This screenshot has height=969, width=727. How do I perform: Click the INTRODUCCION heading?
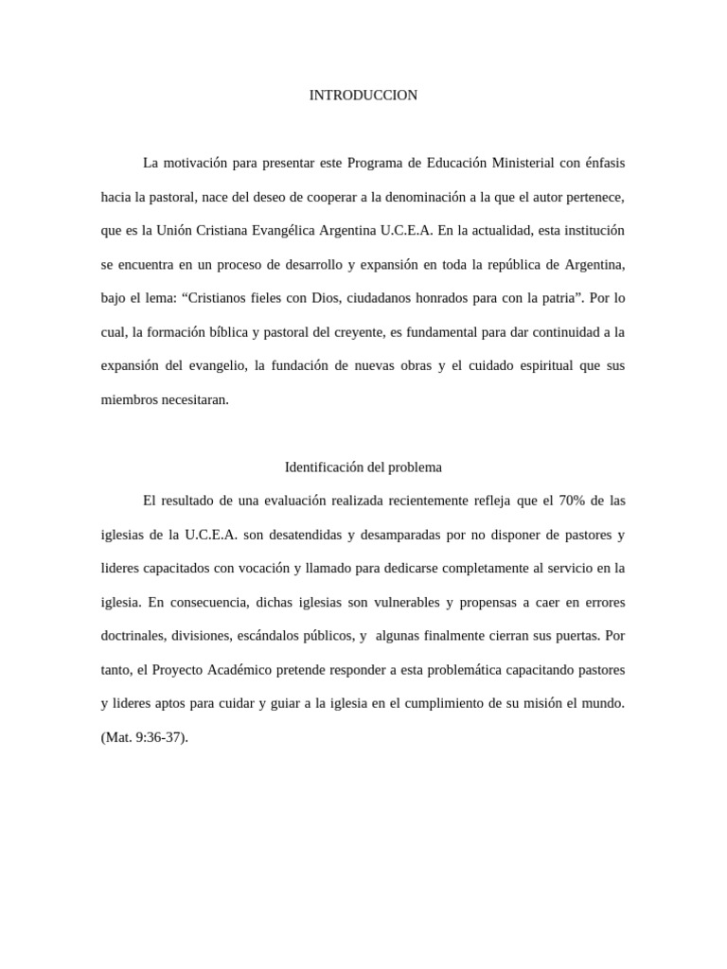click(363, 96)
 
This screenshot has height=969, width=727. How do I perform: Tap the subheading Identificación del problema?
click(363, 467)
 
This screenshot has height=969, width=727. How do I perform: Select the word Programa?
click(377, 163)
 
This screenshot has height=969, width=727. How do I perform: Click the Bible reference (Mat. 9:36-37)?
click(145, 737)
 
